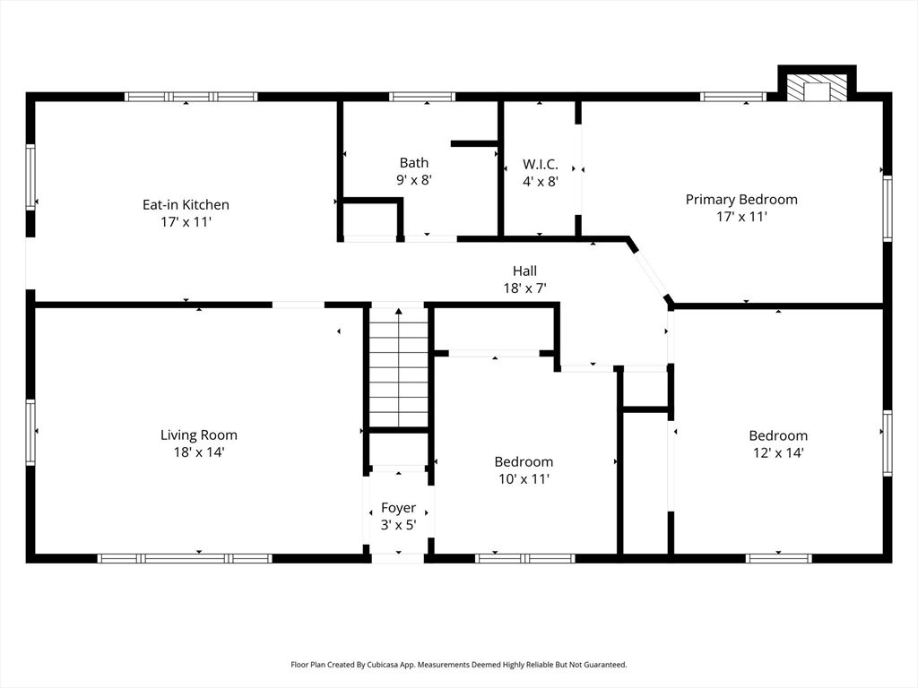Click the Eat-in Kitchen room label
(x=186, y=204)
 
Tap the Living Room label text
(x=199, y=434)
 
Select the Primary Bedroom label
(x=741, y=199)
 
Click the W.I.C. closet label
(x=541, y=164)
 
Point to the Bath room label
(x=414, y=162)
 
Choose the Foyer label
(x=398, y=508)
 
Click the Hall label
(x=525, y=271)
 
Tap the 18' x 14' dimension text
(x=199, y=452)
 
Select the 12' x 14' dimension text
(x=778, y=452)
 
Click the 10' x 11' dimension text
(x=524, y=478)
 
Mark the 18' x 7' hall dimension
(x=525, y=288)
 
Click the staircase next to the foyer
(x=398, y=367)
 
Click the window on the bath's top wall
(x=422, y=97)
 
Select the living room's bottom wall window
(x=185, y=558)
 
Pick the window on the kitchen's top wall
(x=191, y=97)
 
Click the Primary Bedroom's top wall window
(x=733, y=97)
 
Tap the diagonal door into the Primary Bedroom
(x=651, y=273)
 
